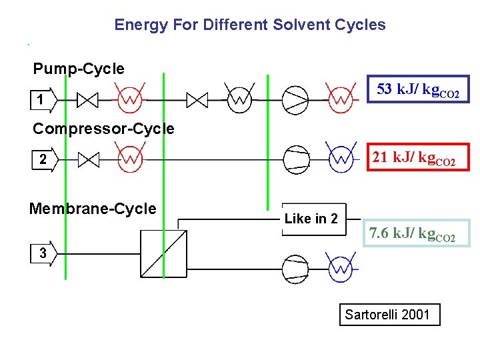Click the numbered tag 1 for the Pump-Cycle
click(42, 100)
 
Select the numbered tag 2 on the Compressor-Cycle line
click(43, 159)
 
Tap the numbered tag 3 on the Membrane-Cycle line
click(43, 253)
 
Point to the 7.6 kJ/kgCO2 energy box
click(416, 234)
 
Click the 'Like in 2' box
click(311, 219)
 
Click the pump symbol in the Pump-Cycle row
click(295, 100)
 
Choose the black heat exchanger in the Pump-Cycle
click(238, 99)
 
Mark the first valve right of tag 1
click(88, 100)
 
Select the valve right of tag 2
click(88, 159)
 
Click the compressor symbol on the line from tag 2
click(296, 159)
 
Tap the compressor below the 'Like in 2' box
click(296, 269)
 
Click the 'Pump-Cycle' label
click(79, 69)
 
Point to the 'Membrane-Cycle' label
click(93, 209)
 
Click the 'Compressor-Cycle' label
click(103, 129)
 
